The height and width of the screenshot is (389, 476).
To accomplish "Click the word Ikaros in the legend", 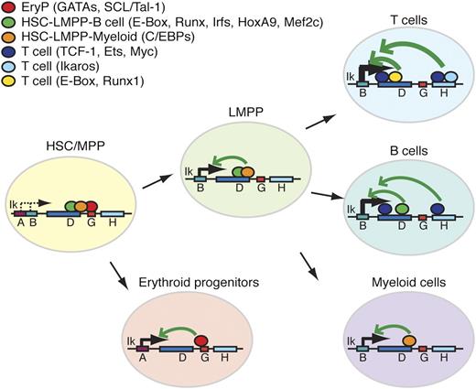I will point(80,67).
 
